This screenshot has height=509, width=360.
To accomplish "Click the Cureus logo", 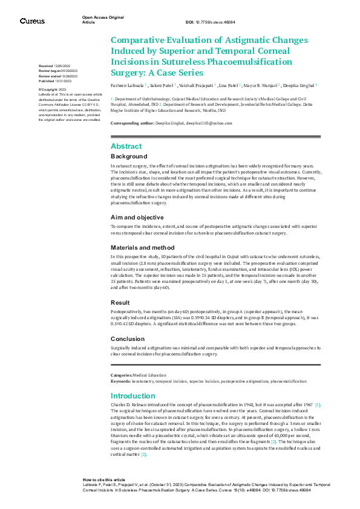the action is click(32, 21).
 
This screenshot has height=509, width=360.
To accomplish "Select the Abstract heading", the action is click(126, 146).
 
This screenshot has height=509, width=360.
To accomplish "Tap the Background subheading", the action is click(129, 156).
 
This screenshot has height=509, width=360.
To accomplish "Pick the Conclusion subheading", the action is click(128, 339).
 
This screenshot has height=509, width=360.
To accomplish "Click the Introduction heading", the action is click(133, 396).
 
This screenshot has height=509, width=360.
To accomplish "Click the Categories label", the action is click(122, 375).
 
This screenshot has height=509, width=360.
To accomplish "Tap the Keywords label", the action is click(120, 381).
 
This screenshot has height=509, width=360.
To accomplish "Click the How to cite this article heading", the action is click(103, 479).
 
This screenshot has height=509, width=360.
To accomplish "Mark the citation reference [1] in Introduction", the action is click(318, 404).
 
